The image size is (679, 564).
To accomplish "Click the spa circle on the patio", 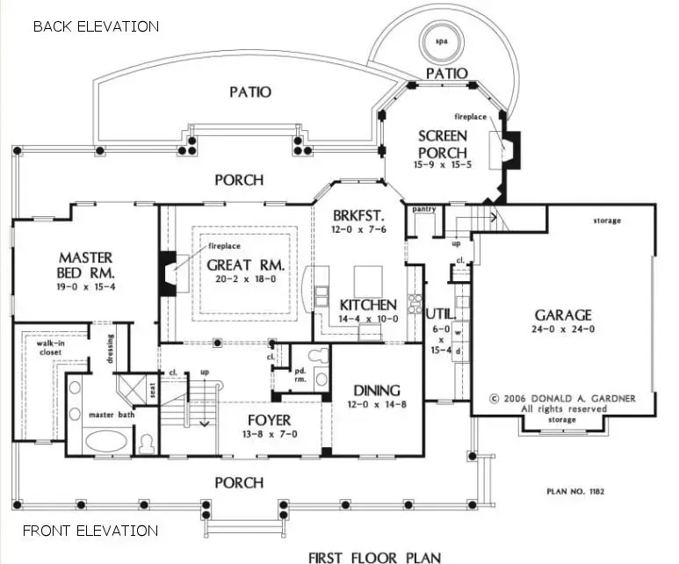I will click(x=437, y=41).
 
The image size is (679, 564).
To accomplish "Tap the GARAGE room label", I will click(x=562, y=315).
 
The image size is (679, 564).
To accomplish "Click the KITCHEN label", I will click(x=368, y=305).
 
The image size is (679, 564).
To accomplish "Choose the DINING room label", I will click(x=377, y=390).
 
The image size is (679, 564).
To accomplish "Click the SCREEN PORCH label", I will click(x=442, y=144).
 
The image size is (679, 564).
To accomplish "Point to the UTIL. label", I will click(x=438, y=312).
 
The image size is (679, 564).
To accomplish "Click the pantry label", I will click(x=424, y=210).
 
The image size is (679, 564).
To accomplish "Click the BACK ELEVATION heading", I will click(x=96, y=26).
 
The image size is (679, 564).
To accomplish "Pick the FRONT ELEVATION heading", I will click(x=90, y=531).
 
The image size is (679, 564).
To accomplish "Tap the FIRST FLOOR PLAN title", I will click(x=374, y=556).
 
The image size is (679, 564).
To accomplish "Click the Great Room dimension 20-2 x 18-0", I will click(x=242, y=278).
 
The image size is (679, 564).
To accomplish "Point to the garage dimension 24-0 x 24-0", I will click(x=562, y=329).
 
